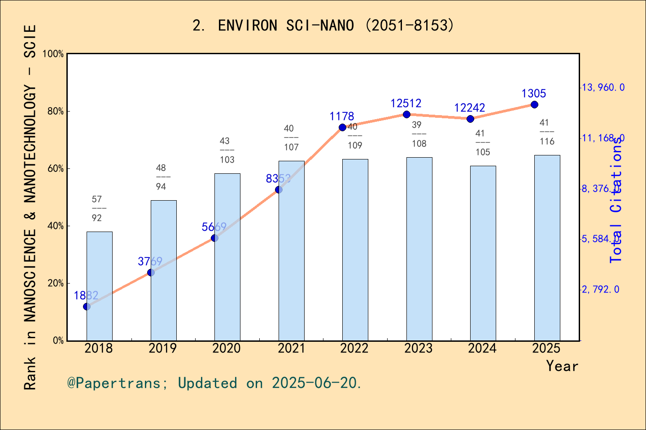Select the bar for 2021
(291, 251)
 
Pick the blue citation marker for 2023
(406, 115)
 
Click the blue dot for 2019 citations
(151, 272)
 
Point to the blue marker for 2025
(534, 104)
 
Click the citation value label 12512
(406, 103)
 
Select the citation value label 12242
(469, 108)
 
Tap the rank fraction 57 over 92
(97, 208)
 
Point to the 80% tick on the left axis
(56, 112)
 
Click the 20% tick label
(56, 284)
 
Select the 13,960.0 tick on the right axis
(602, 87)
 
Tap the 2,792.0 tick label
(600, 289)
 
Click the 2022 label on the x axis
(354, 348)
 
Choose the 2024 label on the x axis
(482, 348)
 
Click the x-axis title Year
(562, 366)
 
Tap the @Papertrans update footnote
(214, 383)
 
